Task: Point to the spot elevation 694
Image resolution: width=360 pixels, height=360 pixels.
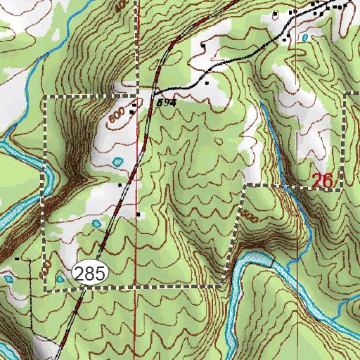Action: click(x=165, y=103)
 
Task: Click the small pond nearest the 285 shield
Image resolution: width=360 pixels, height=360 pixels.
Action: click(x=61, y=279)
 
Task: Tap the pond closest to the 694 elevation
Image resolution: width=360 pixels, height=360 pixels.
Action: click(x=118, y=162)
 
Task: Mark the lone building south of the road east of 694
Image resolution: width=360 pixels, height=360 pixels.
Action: click(x=207, y=83)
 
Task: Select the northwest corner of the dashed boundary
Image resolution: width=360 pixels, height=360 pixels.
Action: click(x=46, y=95)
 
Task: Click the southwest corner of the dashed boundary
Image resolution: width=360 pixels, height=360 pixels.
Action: click(x=46, y=289)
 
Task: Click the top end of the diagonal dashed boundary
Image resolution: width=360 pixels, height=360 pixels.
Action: click(x=247, y=186)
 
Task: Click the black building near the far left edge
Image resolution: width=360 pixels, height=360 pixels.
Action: click(x=18, y=259)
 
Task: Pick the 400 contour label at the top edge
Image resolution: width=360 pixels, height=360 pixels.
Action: click(x=120, y=4)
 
